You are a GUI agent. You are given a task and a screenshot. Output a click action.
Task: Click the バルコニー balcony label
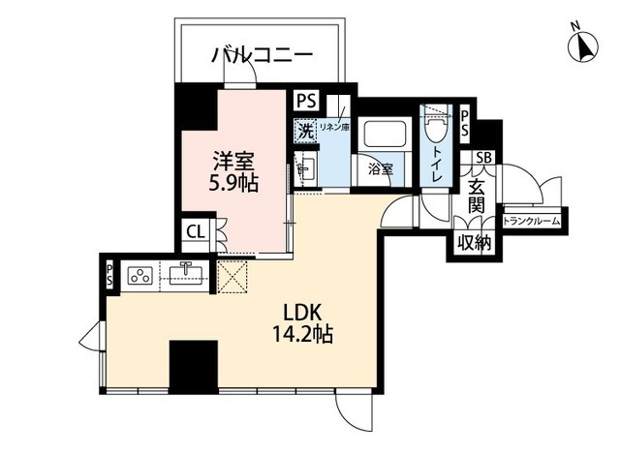coord(262,56)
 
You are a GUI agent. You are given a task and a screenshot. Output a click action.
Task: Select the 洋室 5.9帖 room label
coord(235,170)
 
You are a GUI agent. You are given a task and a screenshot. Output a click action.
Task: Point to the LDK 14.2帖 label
coord(308,324)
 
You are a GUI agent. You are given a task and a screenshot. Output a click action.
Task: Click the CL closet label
coord(195,231)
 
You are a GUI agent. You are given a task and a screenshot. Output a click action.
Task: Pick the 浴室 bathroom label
coord(380,168)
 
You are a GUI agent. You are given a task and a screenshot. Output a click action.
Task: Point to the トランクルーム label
coord(531,221)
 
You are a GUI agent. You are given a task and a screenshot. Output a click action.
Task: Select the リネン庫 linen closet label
coord(334,126)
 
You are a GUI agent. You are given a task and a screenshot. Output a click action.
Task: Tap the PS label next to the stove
coord(109,275)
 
